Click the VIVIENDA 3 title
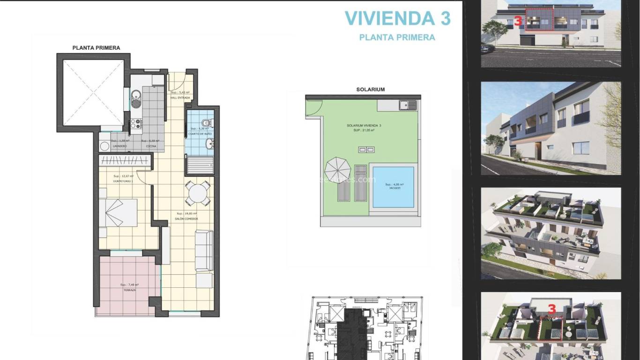(x=397, y=18)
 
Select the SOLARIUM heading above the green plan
(x=370, y=89)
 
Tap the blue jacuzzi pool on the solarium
(x=393, y=187)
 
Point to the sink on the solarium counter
(x=407, y=105)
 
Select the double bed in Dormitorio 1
(x=118, y=213)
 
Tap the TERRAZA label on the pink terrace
(x=130, y=290)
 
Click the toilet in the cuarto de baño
(x=209, y=123)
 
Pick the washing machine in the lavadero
(x=104, y=146)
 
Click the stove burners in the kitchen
(x=136, y=124)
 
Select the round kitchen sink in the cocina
(x=134, y=98)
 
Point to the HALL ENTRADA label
(x=180, y=97)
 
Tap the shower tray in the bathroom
(x=200, y=165)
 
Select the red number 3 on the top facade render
(x=518, y=21)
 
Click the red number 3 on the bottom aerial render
(x=552, y=309)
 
